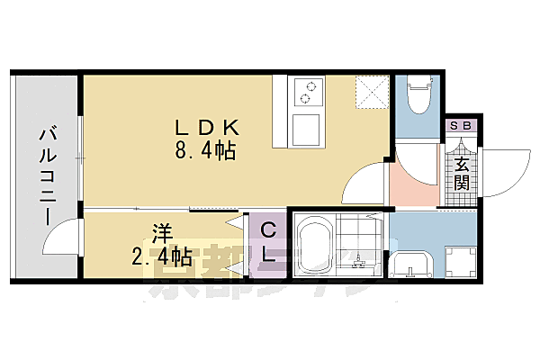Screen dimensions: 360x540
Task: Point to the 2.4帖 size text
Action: click(x=162, y=258)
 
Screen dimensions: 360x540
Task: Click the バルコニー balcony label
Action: click(x=44, y=175)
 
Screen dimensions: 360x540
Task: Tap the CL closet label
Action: click(x=268, y=243)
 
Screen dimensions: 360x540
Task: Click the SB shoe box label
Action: click(x=461, y=127)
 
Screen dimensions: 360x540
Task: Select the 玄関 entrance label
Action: click(x=461, y=175)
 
